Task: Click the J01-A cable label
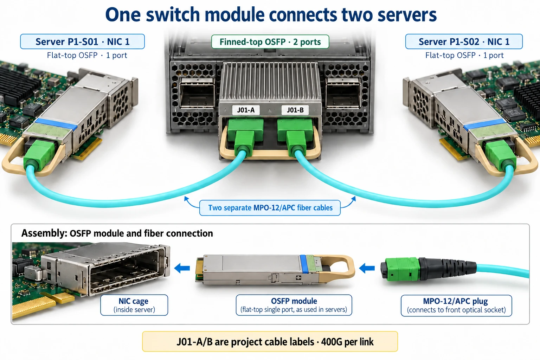246,110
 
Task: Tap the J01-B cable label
295,110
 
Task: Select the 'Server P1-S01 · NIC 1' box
83,41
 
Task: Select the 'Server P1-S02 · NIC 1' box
464,41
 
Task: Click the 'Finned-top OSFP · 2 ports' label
270,42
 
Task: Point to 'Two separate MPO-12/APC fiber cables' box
270,208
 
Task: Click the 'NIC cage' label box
134,305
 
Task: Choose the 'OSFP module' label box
294,305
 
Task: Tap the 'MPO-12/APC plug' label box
456,306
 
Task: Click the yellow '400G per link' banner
270,341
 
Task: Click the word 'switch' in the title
173,15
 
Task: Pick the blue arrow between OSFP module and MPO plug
367,268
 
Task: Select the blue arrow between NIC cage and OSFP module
182,268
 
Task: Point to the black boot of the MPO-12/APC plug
447,269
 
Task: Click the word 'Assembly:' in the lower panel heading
44,233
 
